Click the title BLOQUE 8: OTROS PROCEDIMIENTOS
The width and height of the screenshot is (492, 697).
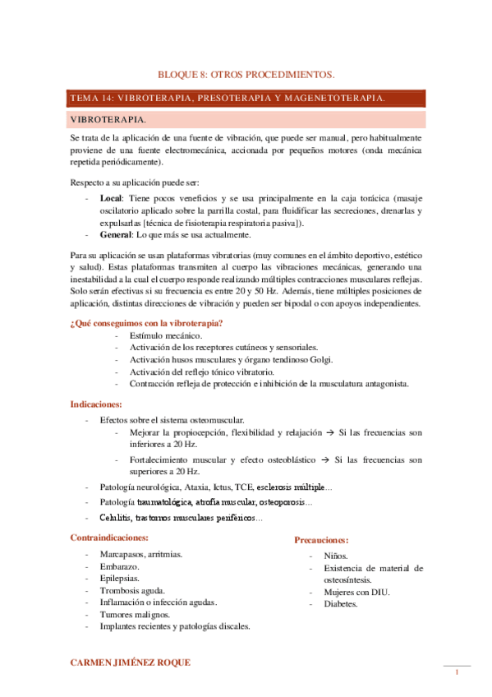pyautogui.click(x=246, y=73)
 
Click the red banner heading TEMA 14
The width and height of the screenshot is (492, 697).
pyautogui.click(x=228, y=99)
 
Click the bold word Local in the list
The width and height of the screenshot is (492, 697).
pyautogui.click(x=110, y=199)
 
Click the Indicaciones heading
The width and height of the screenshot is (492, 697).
pyautogui.click(x=96, y=404)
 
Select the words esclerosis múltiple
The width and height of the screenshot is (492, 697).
pyautogui.click(x=291, y=487)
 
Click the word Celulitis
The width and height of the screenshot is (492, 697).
pyautogui.click(x=118, y=518)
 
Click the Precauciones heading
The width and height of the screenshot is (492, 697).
pyautogui.click(x=321, y=540)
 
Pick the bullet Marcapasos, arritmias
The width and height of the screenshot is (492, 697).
pyautogui.click(x=140, y=554)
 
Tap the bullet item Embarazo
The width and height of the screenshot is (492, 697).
pyautogui.click(x=119, y=566)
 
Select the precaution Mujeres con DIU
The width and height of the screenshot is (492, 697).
pyautogui.click(x=356, y=592)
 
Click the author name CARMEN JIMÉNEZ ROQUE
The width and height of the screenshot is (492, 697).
pyautogui.click(x=134, y=662)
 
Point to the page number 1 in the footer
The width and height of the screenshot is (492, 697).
pyautogui.click(x=457, y=674)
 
